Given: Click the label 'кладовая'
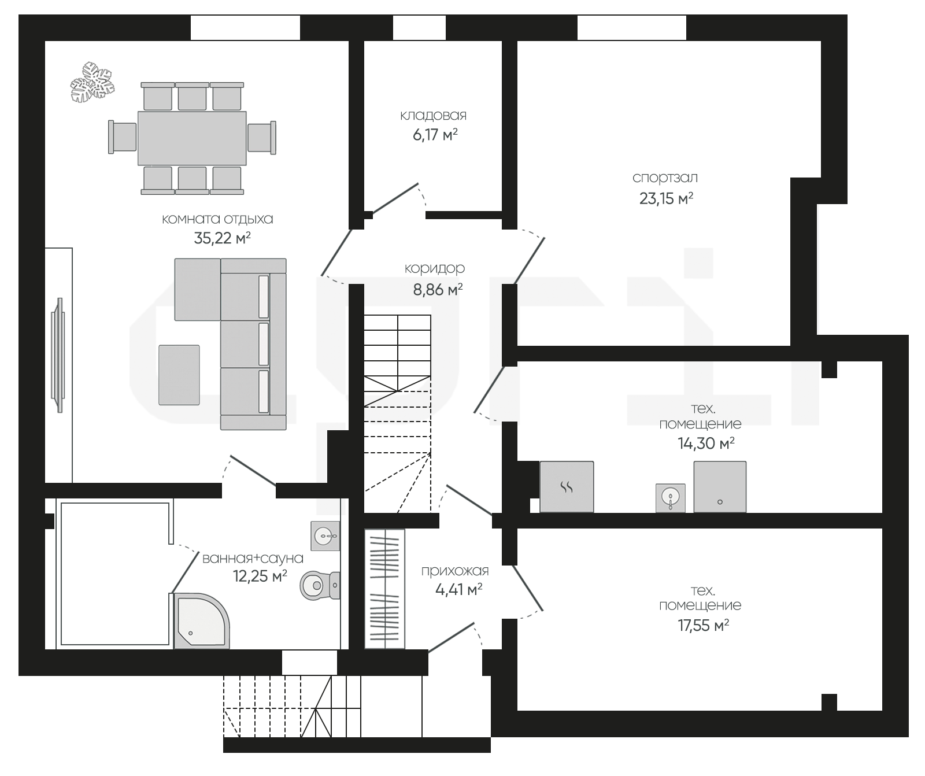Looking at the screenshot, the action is (x=433, y=116).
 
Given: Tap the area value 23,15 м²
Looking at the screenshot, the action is (x=666, y=198).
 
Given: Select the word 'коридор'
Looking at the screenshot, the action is (x=434, y=269).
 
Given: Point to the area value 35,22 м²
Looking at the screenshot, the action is (x=222, y=238).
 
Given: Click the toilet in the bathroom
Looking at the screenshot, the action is (x=320, y=586).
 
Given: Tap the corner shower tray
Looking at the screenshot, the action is (x=200, y=621).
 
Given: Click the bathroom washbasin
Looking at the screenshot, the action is (x=325, y=536).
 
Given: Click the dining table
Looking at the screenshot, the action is (x=192, y=138).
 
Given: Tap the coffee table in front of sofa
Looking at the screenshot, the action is (x=179, y=375).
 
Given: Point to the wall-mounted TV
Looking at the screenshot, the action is (x=58, y=354).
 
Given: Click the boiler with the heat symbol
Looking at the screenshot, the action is (x=567, y=486).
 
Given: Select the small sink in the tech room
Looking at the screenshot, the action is (x=671, y=498).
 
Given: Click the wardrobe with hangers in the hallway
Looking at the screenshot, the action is (x=384, y=589).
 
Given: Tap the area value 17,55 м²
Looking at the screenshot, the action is (x=703, y=626).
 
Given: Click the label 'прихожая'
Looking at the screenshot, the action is (x=455, y=571).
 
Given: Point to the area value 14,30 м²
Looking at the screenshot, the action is (x=706, y=444).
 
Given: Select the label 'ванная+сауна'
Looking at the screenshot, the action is (x=253, y=559).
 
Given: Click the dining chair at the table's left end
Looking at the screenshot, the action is (x=123, y=138).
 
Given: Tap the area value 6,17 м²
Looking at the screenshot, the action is (x=434, y=135).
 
